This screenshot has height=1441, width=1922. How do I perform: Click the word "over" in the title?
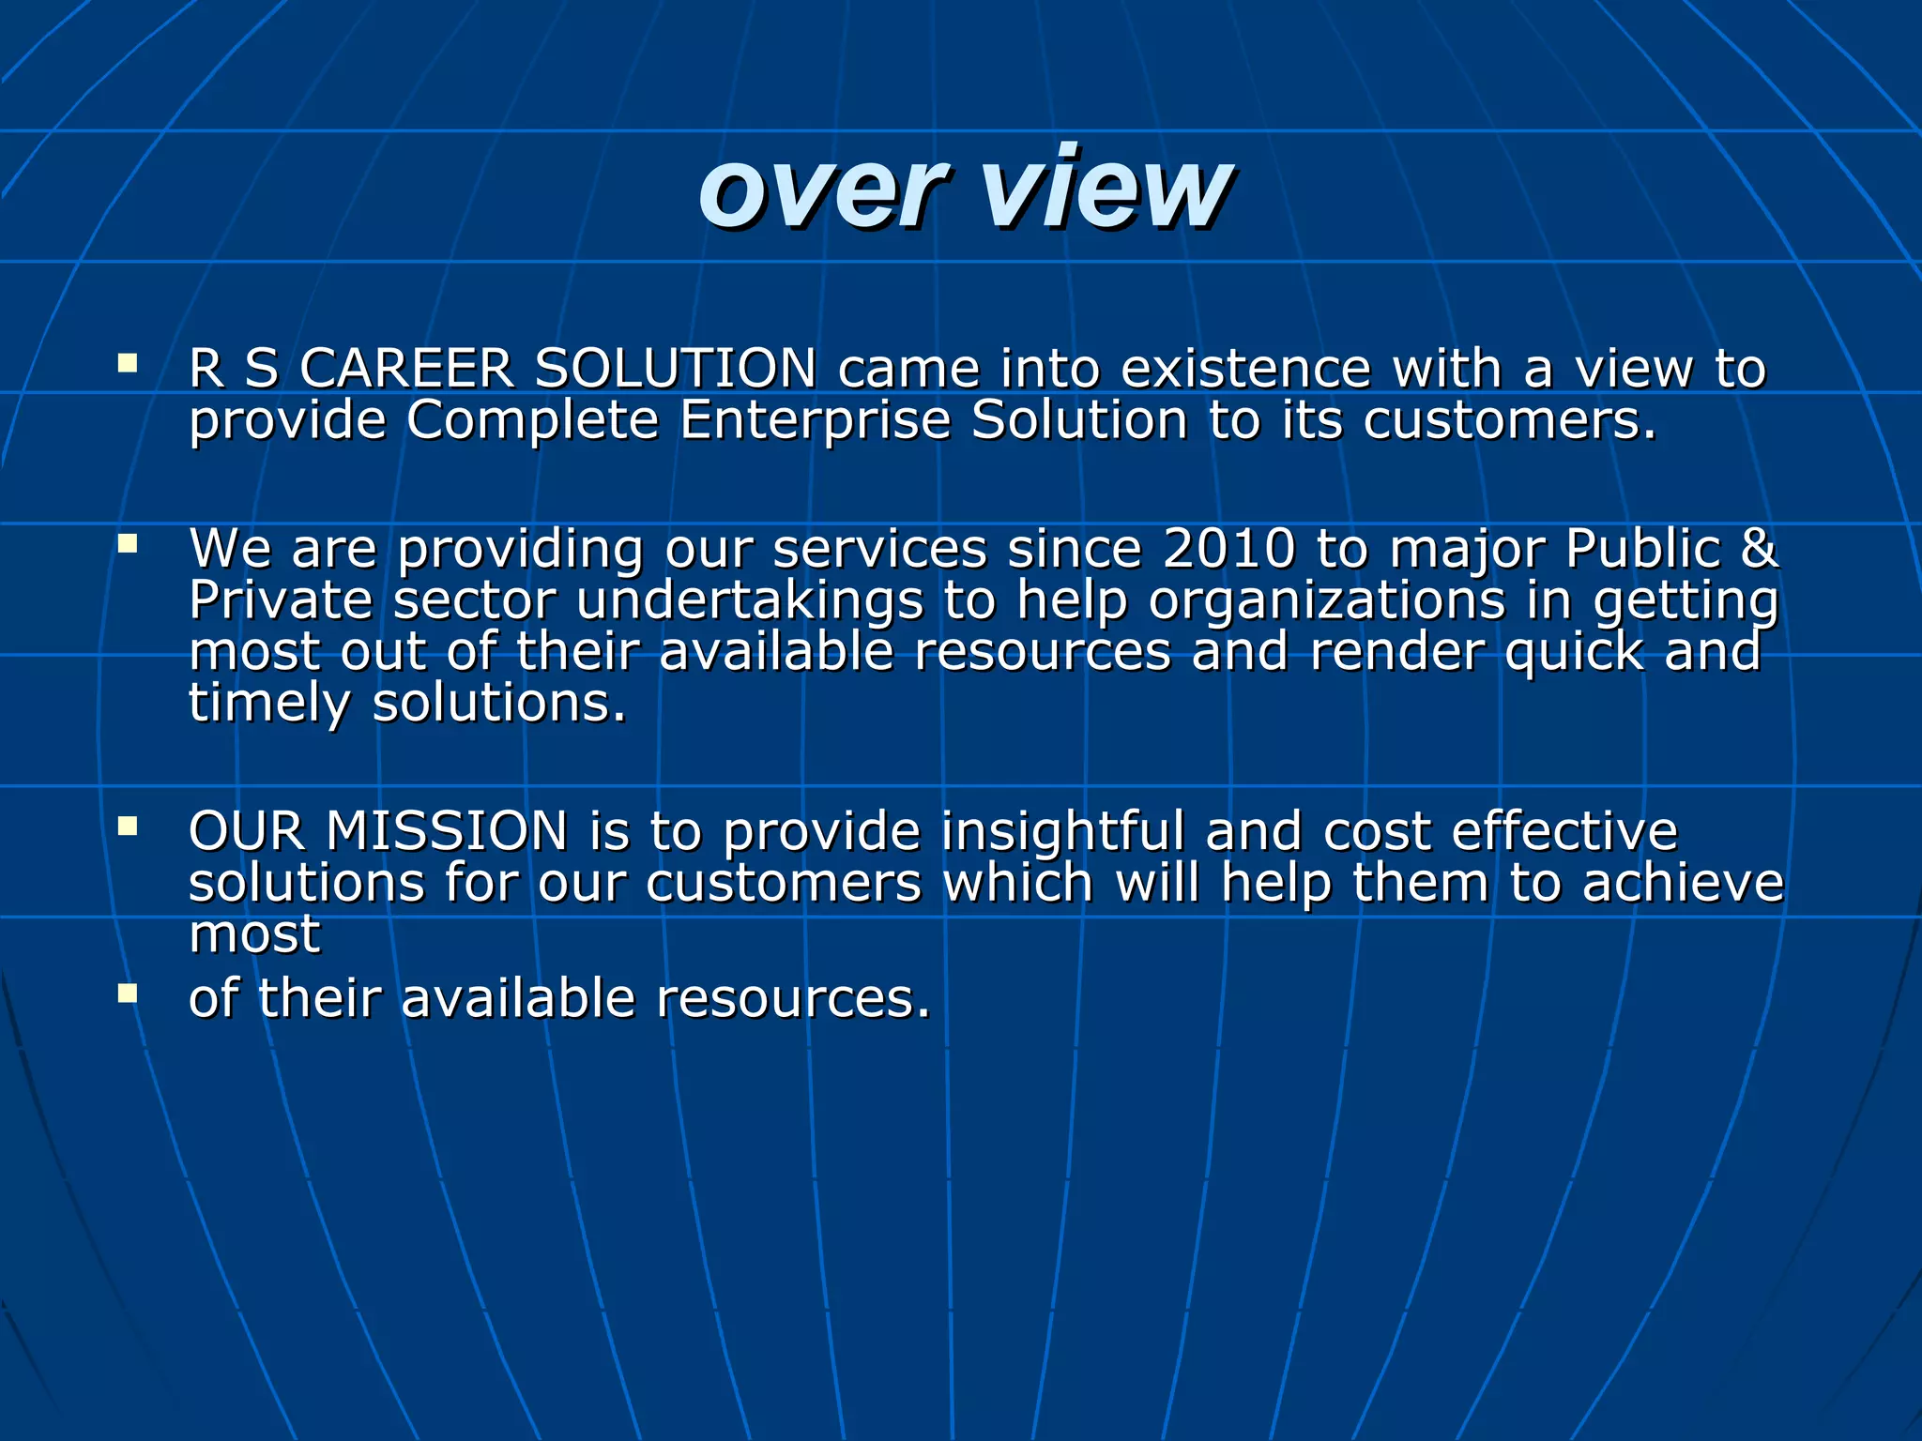820,192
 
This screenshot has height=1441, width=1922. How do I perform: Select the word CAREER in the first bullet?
405,368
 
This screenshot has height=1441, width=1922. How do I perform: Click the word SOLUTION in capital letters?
675,368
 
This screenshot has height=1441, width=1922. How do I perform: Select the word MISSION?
447,832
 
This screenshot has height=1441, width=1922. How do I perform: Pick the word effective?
1564,832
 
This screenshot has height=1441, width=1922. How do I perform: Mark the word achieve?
1683,884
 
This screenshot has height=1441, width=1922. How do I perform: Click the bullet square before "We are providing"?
128,544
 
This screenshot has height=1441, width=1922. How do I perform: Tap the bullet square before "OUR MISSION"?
128,827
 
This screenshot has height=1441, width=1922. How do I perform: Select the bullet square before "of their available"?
128,993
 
